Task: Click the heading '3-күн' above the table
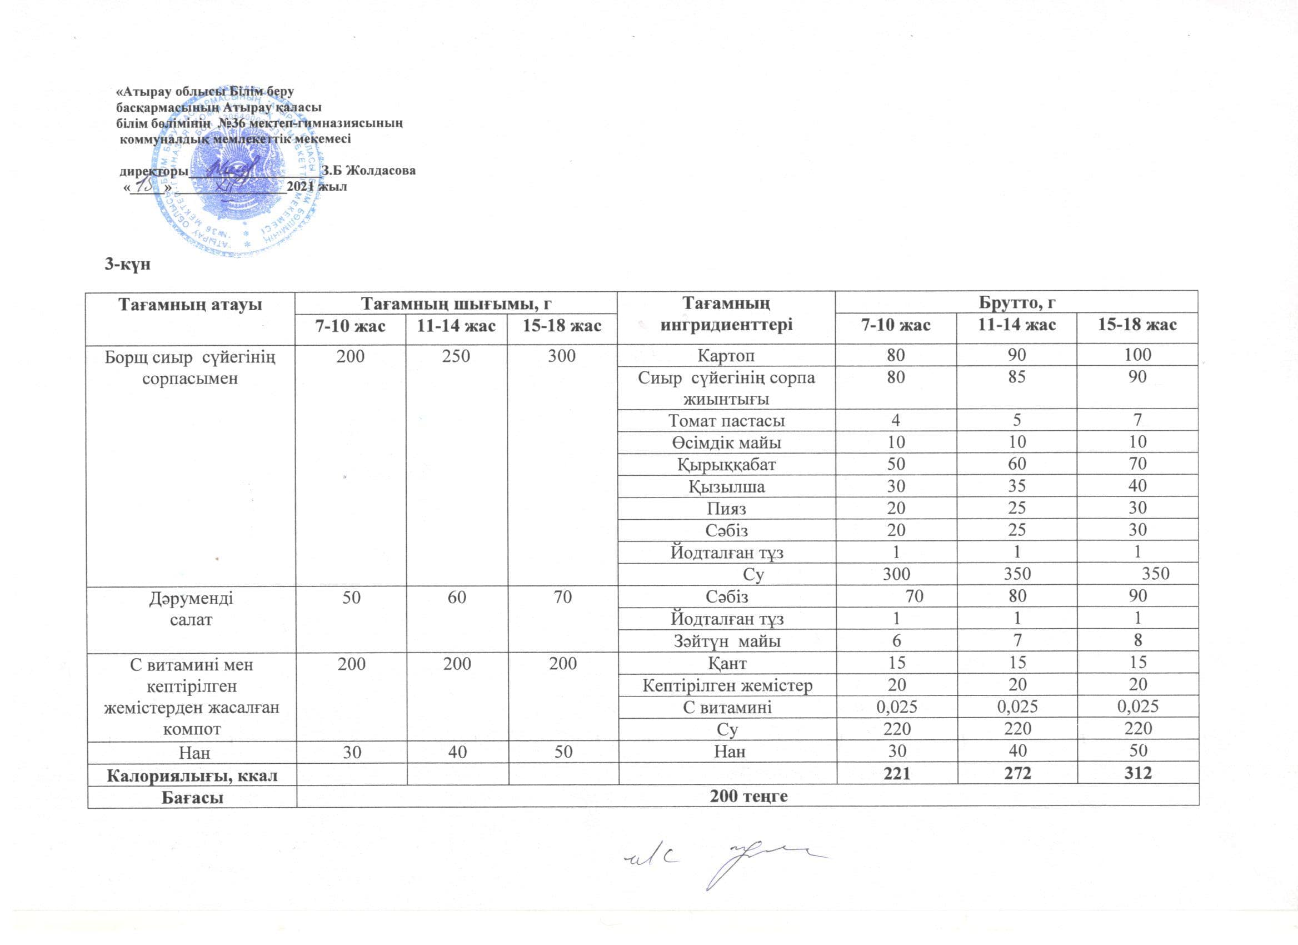[x=127, y=264]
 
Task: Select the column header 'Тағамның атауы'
[x=190, y=304]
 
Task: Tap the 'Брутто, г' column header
[x=1016, y=301]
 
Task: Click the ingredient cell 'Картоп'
[x=726, y=355]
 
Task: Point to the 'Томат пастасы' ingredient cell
[x=726, y=421]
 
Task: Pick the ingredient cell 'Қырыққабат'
[x=726, y=464]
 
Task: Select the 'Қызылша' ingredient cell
[x=726, y=486]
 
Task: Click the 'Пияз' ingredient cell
[x=726, y=508]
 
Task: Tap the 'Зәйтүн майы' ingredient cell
[x=726, y=641]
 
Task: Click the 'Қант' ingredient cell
[x=726, y=663]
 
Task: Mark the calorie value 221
[x=896, y=773]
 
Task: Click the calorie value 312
[x=1137, y=773]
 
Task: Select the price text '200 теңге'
[x=748, y=795]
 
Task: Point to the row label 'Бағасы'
[x=192, y=796]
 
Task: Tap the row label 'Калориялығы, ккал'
[x=192, y=774]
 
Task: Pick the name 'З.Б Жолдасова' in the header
[x=368, y=171]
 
